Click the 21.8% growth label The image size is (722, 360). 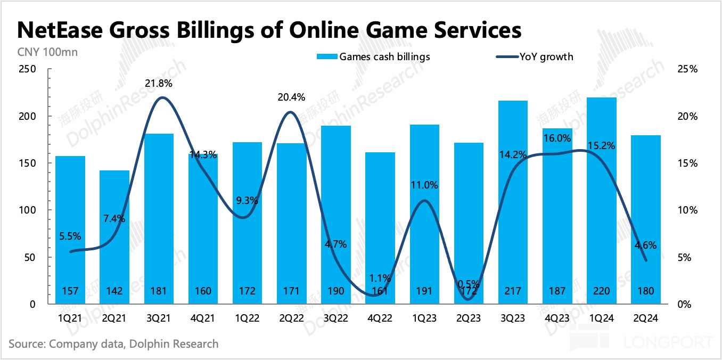[x=158, y=84]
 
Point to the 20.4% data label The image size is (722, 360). [x=291, y=97]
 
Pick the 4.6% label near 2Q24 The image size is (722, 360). [x=645, y=246]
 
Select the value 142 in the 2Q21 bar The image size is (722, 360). [x=114, y=291]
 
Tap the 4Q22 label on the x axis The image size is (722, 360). [x=380, y=319]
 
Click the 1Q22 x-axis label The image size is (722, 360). [x=247, y=319]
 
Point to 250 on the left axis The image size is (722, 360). [x=27, y=69]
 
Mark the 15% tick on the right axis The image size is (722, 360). [x=687, y=163]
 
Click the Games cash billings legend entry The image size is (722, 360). [x=373, y=56]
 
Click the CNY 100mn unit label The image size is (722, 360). [x=39, y=52]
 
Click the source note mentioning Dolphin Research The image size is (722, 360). [x=113, y=343]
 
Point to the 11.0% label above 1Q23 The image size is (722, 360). [x=424, y=185]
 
